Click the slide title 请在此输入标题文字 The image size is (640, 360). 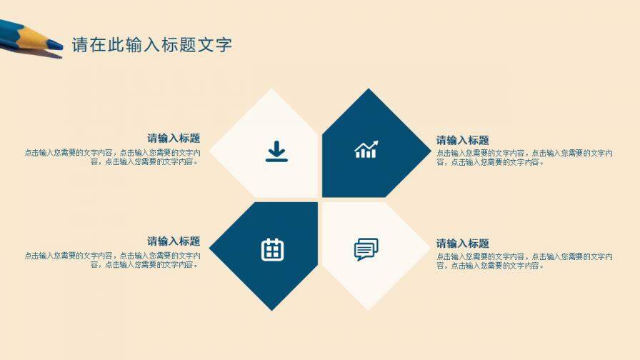[151, 45]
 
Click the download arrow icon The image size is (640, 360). [276, 151]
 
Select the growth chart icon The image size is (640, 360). [366, 149]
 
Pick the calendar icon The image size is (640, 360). [272, 249]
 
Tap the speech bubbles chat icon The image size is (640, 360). [366, 249]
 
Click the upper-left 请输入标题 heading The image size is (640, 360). [174, 139]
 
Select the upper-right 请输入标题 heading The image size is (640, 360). [463, 141]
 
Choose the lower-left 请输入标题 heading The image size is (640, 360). [174, 241]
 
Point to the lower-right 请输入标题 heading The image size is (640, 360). [463, 244]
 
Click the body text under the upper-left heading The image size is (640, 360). [112, 157]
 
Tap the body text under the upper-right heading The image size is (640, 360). [524, 157]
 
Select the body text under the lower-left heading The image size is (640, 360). [112, 260]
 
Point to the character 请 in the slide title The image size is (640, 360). [79, 45]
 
